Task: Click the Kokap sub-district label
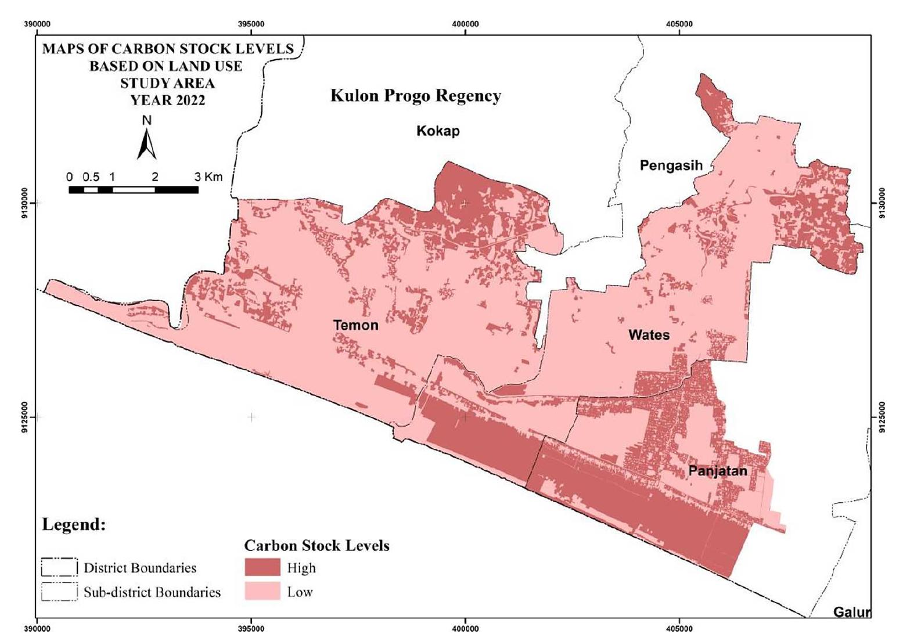click(x=438, y=131)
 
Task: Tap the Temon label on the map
click(x=355, y=325)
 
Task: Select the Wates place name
click(x=649, y=335)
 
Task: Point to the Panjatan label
click(x=718, y=470)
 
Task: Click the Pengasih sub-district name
click(x=671, y=165)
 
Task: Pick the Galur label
click(x=852, y=612)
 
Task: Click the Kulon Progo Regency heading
click(x=415, y=96)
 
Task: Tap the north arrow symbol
click(x=147, y=143)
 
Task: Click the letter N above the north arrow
click(x=147, y=120)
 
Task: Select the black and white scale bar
click(x=134, y=190)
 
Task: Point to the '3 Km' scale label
click(x=208, y=177)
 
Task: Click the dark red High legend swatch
click(x=262, y=567)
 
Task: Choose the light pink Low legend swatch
click(x=262, y=592)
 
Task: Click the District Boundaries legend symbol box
click(x=59, y=567)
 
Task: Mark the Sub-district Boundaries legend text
click(x=152, y=592)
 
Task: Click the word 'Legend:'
click(x=74, y=525)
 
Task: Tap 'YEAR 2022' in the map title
click(x=167, y=100)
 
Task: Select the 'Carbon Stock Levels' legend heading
click(x=316, y=546)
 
